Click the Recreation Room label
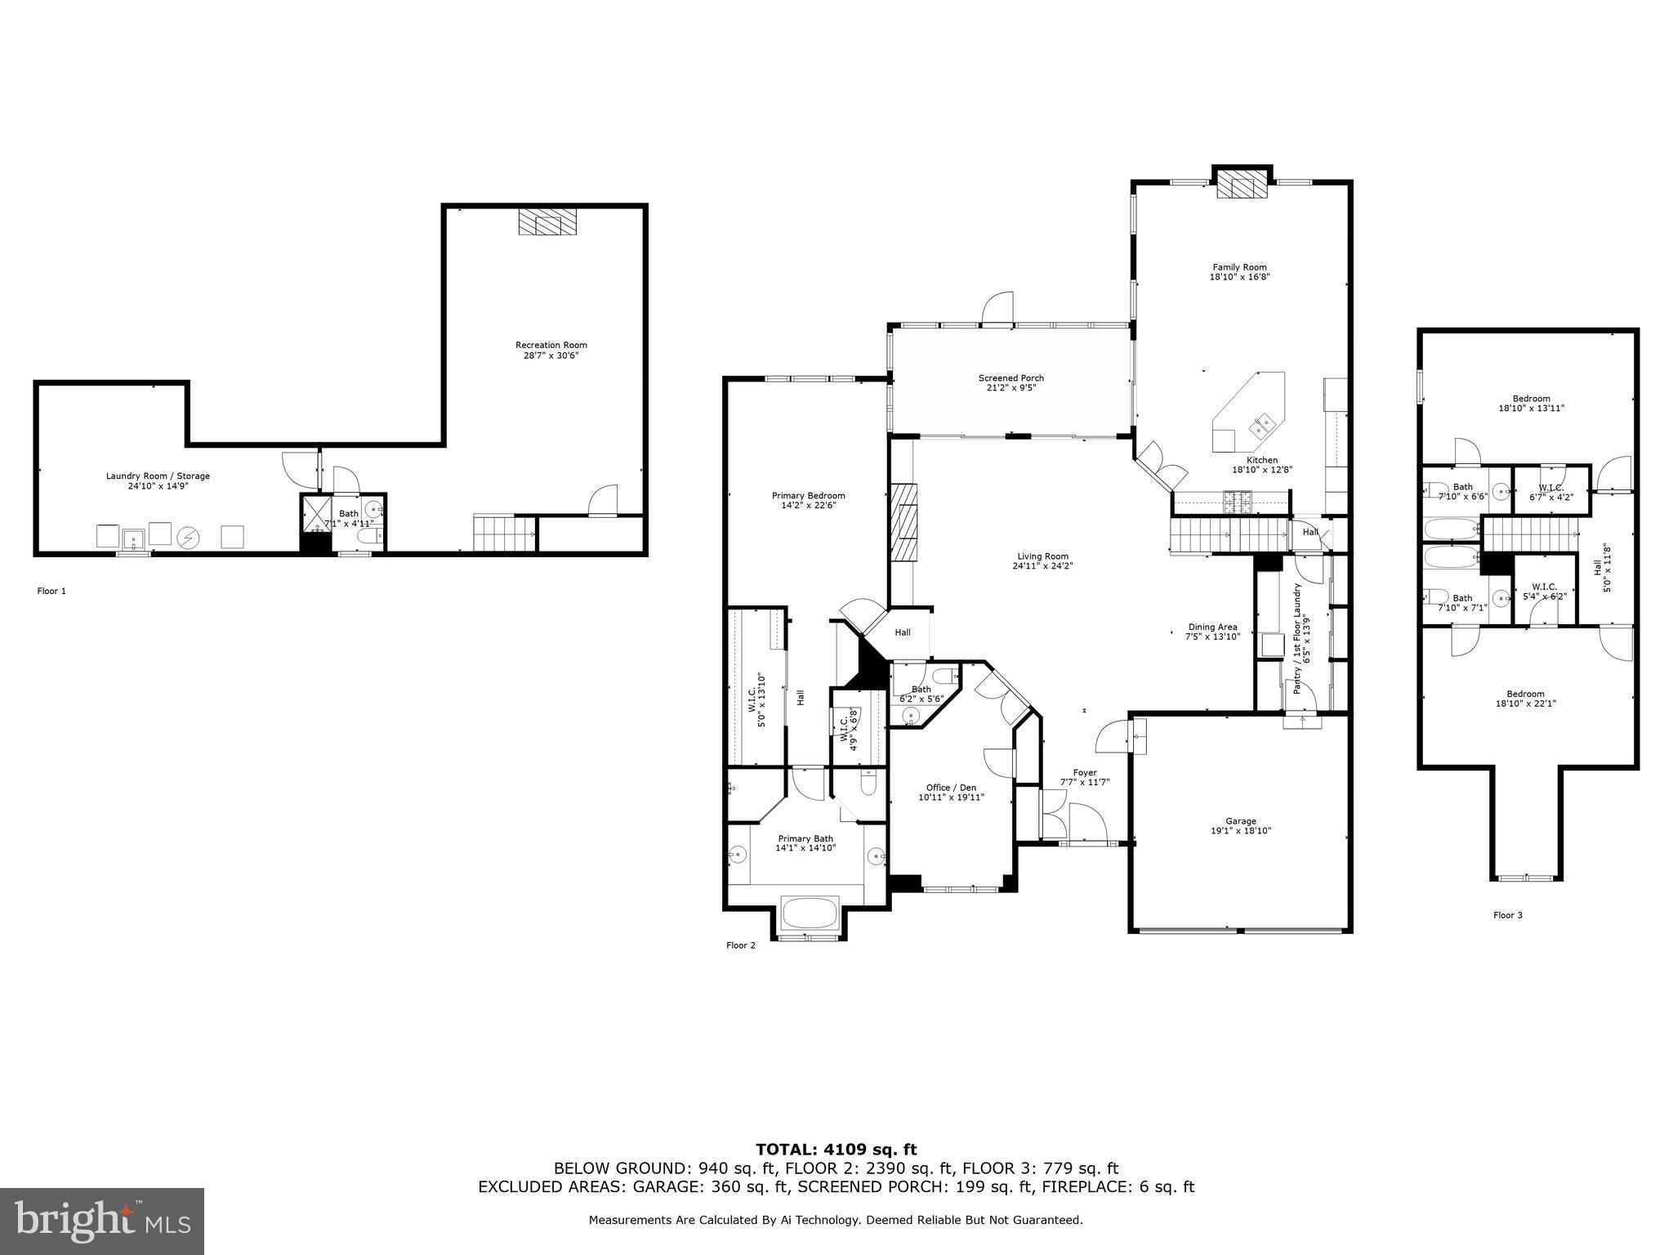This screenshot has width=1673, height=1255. (x=551, y=345)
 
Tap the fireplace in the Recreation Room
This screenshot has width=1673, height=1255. (x=547, y=221)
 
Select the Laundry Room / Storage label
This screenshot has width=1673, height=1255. (x=158, y=476)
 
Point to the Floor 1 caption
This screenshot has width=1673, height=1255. (x=51, y=591)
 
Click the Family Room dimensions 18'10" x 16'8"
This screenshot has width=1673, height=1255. (x=1239, y=277)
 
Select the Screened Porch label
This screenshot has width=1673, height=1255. (x=1011, y=377)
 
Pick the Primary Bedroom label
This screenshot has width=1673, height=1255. (x=808, y=495)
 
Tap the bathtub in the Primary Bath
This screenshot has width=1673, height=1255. (x=810, y=913)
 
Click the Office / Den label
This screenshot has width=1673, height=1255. (x=951, y=788)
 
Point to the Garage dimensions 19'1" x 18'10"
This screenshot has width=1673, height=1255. (x=1241, y=831)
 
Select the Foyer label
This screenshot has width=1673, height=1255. (x=1085, y=772)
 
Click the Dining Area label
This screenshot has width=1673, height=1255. (x=1212, y=627)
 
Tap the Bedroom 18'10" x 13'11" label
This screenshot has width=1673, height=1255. (x=1530, y=399)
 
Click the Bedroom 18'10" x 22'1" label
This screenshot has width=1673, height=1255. (x=1525, y=694)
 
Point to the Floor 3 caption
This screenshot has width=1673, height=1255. (x=1507, y=915)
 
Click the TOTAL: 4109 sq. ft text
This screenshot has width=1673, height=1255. (x=836, y=1150)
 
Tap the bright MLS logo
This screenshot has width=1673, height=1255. (x=102, y=1222)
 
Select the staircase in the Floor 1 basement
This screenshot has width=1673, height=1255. (x=495, y=534)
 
